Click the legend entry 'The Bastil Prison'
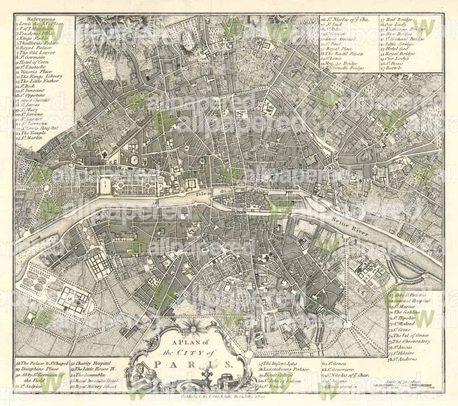343,54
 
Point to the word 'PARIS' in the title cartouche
193,365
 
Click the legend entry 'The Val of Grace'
409,335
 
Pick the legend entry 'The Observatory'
411,341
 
